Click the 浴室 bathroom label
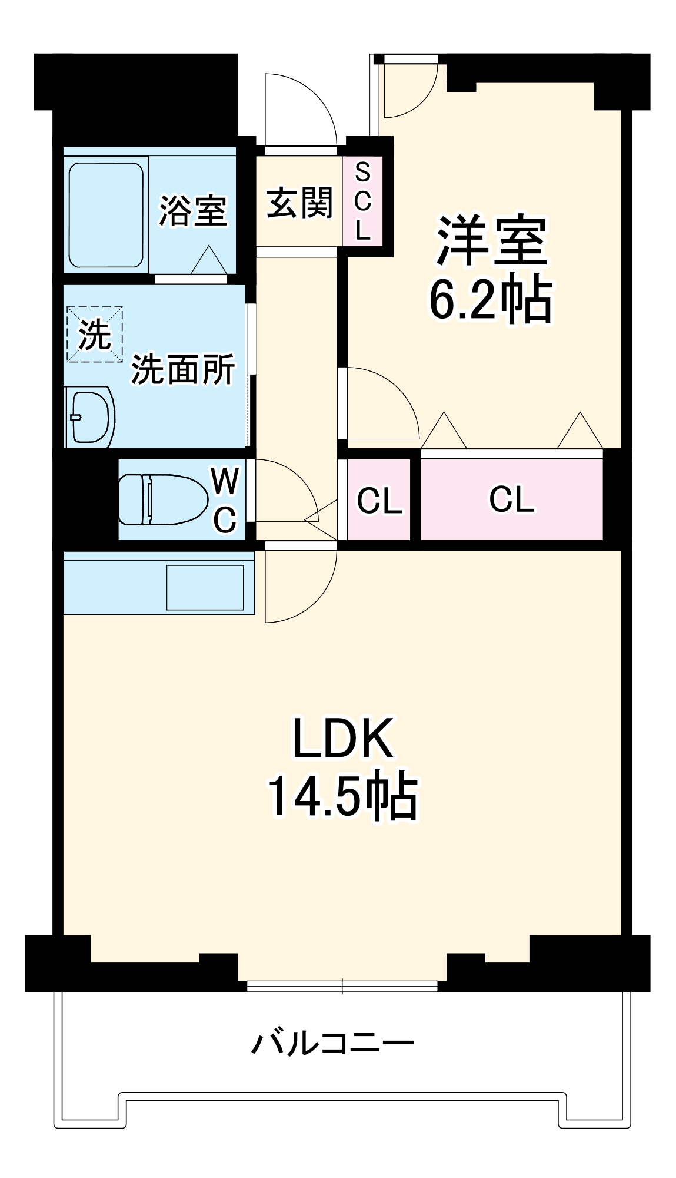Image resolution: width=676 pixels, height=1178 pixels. tap(193, 211)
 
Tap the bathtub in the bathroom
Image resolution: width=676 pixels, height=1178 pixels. tap(106, 215)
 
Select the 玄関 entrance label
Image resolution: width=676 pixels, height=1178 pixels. tap(299, 203)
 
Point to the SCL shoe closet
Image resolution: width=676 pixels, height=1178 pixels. tap(363, 201)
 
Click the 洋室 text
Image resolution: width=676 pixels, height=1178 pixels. tap(491, 241)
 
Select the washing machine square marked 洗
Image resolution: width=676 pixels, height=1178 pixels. tap(95, 334)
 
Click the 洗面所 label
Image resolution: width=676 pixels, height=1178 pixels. tap(183, 369)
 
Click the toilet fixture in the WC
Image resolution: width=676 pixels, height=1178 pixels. tap(162, 499)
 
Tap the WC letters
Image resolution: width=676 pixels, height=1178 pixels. tap(225, 500)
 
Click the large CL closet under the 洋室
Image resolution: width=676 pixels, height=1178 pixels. tap(511, 499)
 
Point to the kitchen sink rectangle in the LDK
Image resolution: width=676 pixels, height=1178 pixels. tap(205, 587)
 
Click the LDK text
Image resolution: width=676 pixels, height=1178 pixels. tap(342, 739)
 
